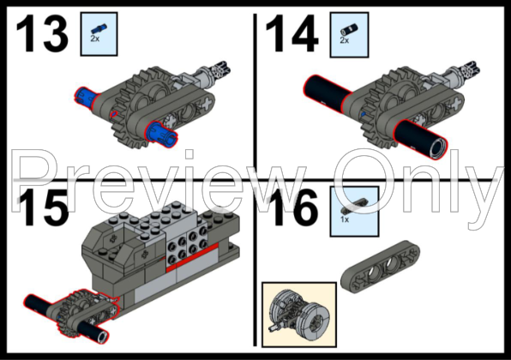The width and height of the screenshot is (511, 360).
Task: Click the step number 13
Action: coord(41,34)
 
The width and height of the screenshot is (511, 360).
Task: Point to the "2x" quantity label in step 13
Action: coord(97,40)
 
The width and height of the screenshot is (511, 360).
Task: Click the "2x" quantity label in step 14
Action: coord(345,40)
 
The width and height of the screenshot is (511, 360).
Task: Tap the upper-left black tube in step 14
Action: coord(330,88)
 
